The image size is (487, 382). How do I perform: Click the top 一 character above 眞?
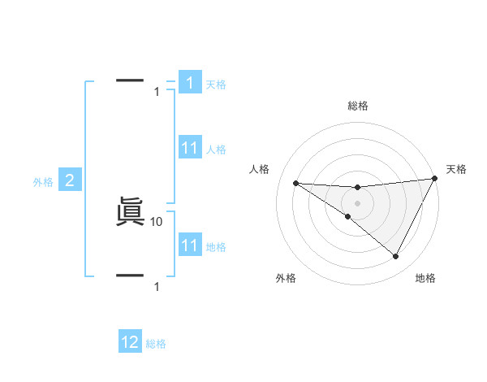[130, 80]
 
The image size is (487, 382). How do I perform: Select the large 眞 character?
[130, 214]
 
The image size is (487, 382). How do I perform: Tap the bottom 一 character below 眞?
[130, 276]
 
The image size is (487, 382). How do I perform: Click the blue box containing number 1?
[190, 83]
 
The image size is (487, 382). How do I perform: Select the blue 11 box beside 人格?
[190, 149]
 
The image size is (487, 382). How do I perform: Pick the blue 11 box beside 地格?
[190, 245]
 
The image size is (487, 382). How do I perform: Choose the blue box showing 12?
[130, 342]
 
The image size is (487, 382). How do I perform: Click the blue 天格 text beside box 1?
[216, 85]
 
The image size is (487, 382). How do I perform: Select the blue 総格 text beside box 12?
[156, 344]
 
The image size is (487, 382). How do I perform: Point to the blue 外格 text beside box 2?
[43, 182]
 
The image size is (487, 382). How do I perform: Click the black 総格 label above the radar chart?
[357, 106]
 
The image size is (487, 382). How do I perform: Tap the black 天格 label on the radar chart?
[457, 169]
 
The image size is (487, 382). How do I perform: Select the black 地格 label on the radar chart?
[425, 278]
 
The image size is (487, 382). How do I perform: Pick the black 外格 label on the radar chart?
[286, 278]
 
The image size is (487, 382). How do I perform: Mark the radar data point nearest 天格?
[435, 178]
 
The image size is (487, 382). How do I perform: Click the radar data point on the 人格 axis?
[295, 183]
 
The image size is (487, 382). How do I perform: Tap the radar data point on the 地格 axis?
[396, 257]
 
